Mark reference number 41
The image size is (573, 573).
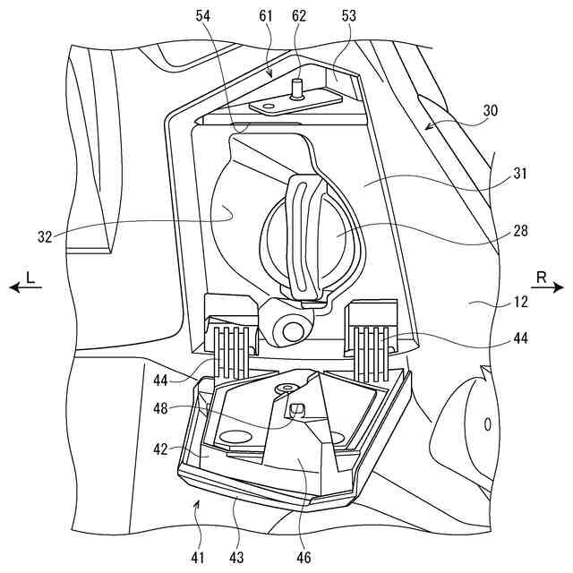197,558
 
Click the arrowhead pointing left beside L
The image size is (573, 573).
13,288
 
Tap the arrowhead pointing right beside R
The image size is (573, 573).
560,288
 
